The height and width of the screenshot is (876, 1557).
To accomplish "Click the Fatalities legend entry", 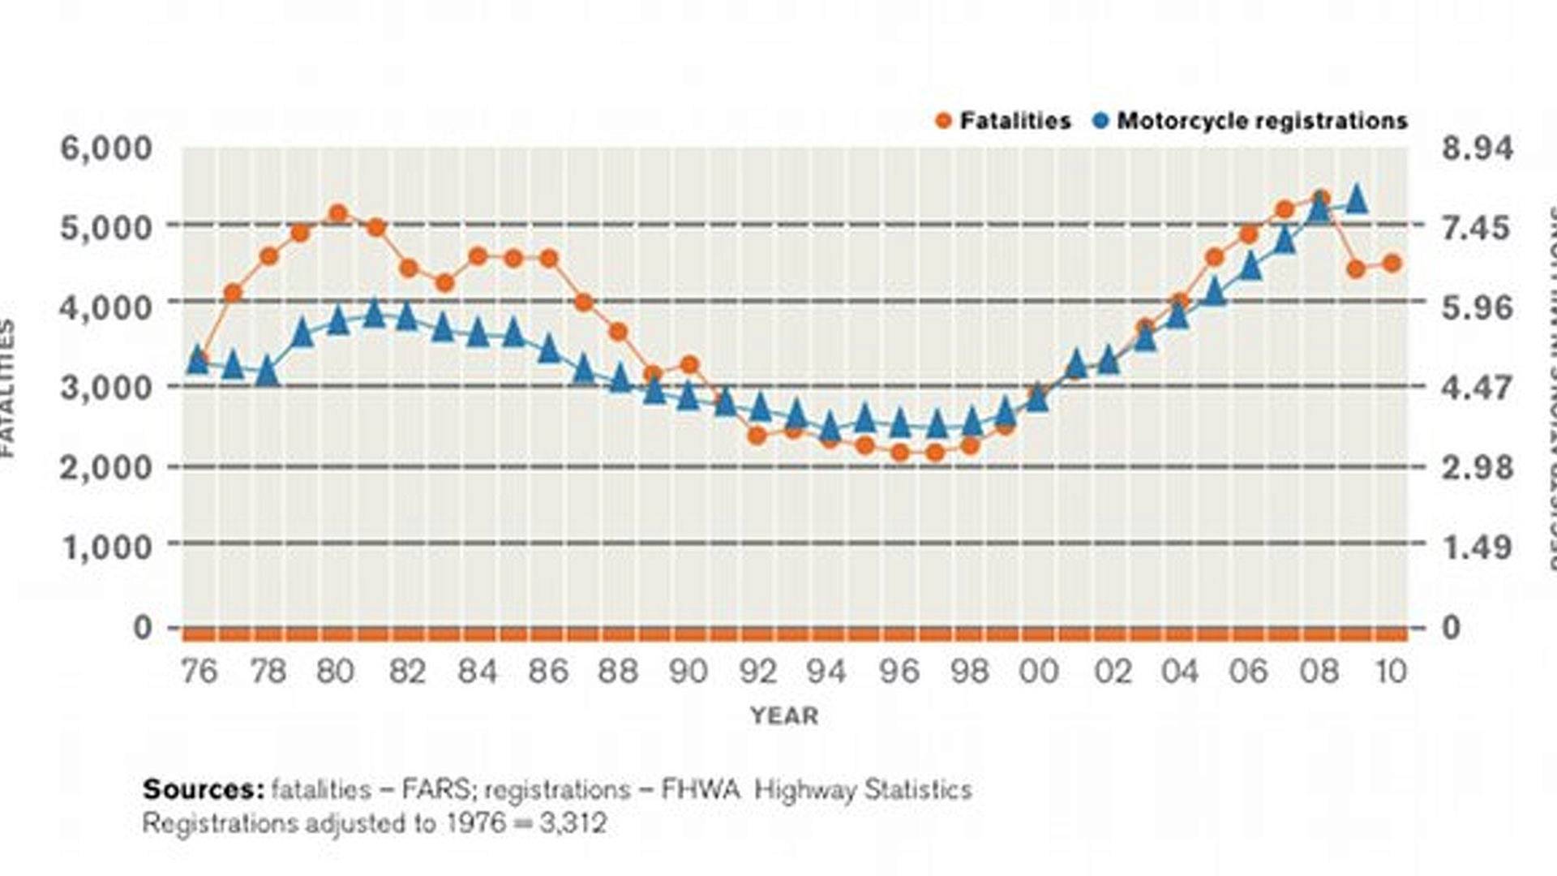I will pyautogui.click(x=1003, y=121).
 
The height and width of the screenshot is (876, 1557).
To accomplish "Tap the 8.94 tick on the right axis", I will pyautogui.click(x=1477, y=148).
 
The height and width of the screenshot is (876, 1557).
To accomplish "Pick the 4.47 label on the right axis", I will pyautogui.click(x=1477, y=388).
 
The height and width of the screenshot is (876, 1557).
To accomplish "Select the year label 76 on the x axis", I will pyautogui.click(x=199, y=672).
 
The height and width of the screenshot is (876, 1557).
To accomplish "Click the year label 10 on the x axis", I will pyautogui.click(x=1391, y=672).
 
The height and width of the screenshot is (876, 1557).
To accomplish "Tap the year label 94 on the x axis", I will pyautogui.click(x=826, y=672).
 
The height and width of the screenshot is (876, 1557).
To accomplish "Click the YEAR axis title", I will pyautogui.click(x=784, y=715).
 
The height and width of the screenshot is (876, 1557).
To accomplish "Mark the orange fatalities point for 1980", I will pyautogui.click(x=338, y=214).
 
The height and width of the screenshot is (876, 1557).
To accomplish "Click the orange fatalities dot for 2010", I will pyautogui.click(x=1392, y=263).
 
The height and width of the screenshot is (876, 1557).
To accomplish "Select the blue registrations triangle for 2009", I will pyautogui.click(x=1357, y=198).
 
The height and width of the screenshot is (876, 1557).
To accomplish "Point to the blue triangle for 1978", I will pyautogui.click(x=268, y=371).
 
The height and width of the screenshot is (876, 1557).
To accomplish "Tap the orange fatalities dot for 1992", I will pyautogui.click(x=757, y=436).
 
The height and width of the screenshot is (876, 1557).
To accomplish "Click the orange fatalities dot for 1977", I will pyautogui.click(x=233, y=293).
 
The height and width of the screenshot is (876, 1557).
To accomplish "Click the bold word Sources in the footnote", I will pyautogui.click(x=203, y=789).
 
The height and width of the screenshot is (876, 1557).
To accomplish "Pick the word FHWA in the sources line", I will pyautogui.click(x=701, y=789).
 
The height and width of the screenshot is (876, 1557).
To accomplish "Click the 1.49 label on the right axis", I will pyautogui.click(x=1477, y=547).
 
